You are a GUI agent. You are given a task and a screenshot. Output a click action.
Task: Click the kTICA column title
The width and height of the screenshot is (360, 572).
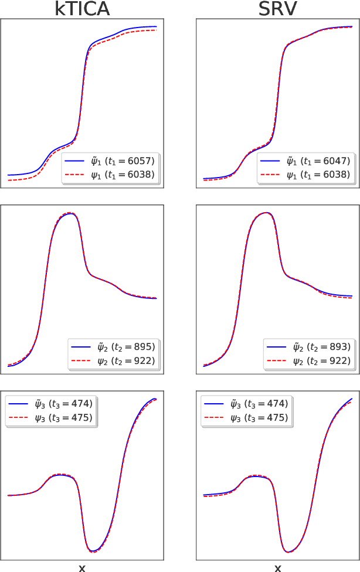point(82,9)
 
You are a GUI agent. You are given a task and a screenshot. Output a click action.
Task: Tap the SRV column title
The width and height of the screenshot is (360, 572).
point(277,9)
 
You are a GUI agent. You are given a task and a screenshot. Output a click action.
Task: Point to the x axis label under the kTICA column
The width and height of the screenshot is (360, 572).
point(82,567)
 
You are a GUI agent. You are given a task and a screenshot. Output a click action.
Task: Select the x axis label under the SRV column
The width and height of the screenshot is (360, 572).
point(278,567)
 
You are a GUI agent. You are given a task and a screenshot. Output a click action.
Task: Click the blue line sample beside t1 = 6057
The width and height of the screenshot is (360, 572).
point(76,161)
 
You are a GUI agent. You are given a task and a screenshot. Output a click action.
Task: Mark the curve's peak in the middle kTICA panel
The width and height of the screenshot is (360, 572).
point(70,213)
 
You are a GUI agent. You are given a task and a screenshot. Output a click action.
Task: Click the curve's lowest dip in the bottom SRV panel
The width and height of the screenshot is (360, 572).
point(288,551)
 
